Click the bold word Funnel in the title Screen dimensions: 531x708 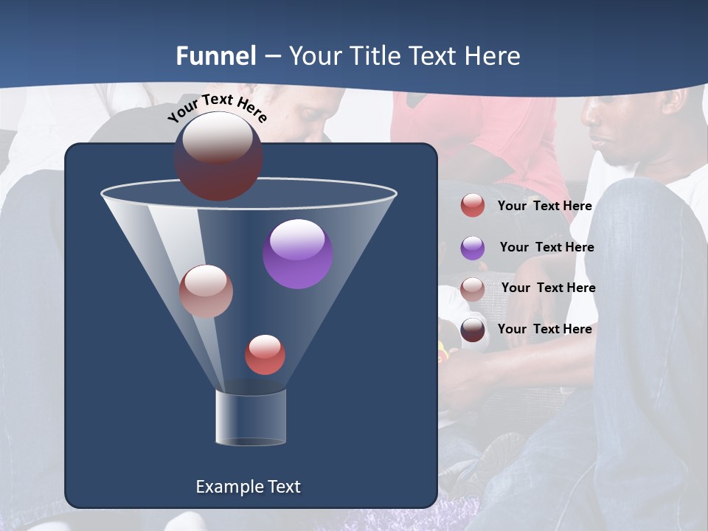[x=216, y=56]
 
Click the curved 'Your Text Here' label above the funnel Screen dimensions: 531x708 [x=217, y=108]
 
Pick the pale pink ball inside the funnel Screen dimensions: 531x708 [x=206, y=291]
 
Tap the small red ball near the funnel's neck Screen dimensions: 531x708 [x=265, y=355]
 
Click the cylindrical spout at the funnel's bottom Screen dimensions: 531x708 [x=251, y=417]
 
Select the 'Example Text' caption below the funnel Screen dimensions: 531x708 [x=248, y=487]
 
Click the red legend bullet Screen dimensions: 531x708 [x=473, y=206]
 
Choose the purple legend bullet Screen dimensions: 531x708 [x=473, y=248]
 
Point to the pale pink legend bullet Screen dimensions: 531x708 [x=473, y=289]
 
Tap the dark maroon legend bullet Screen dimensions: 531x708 [x=473, y=330]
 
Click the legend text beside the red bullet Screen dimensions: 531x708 [x=544, y=206]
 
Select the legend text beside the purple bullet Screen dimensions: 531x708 [x=546, y=248]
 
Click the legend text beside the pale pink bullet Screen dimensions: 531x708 [x=548, y=288]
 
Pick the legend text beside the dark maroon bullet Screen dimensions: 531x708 [x=544, y=329]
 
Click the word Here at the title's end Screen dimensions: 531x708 [x=493, y=56]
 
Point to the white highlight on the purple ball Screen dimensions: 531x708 [x=297, y=239]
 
